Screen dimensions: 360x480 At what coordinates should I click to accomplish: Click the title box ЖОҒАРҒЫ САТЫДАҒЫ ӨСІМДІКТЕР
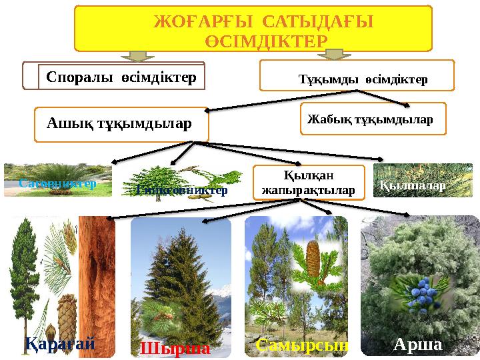point(253,29)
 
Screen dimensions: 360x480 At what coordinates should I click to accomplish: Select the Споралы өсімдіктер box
point(121,77)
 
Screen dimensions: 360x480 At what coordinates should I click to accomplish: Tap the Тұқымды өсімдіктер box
point(356,76)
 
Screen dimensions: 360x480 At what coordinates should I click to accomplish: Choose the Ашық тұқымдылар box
point(121,124)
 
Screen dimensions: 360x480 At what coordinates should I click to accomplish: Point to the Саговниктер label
point(57,182)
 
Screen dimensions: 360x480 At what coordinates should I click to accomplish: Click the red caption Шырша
point(175,348)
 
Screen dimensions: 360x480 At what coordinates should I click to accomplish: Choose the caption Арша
point(417,345)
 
